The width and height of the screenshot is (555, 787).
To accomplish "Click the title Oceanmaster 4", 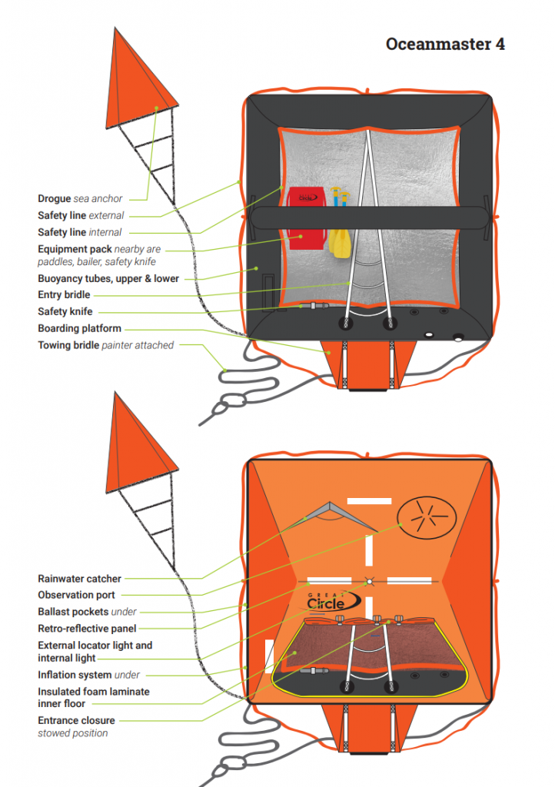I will tap(445, 44).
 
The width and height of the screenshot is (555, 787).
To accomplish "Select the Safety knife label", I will tap(66, 311).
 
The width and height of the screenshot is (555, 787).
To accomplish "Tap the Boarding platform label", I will tap(79, 328).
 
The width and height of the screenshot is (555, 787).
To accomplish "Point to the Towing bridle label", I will tap(105, 345).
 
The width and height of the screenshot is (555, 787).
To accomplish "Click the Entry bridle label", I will tap(64, 294).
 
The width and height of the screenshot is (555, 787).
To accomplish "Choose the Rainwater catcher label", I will tap(79, 579).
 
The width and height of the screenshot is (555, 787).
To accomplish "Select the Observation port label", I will tap(77, 595).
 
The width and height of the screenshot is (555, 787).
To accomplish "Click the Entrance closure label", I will tap(76, 720).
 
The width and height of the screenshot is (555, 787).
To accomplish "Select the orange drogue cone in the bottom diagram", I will tap(143, 447).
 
